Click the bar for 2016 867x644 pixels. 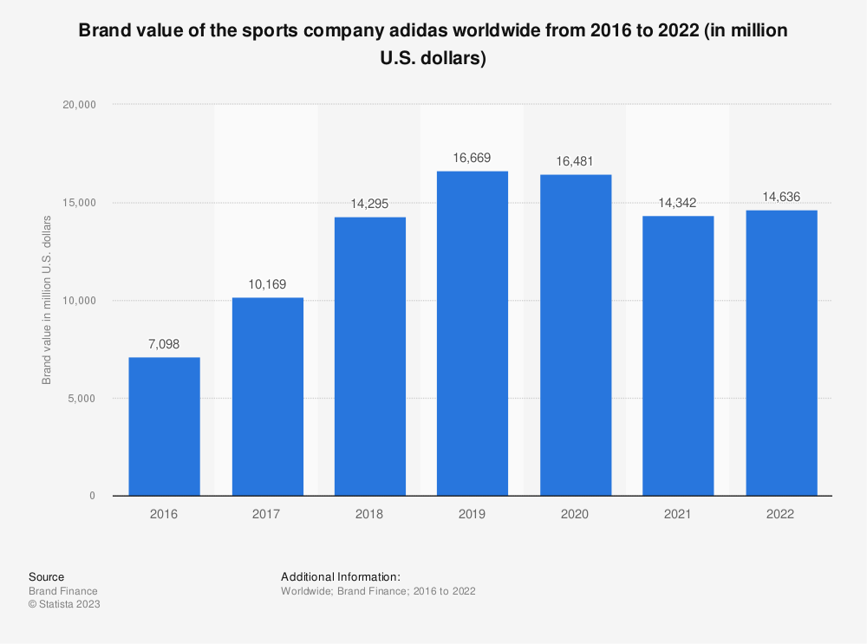(x=164, y=426)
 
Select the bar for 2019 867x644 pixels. (x=473, y=334)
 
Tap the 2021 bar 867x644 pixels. (x=678, y=355)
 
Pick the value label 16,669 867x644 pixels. (x=473, y=159)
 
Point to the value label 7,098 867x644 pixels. (x=164, y=345)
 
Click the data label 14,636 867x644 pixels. (x=781, y=198)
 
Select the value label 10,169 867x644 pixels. (x=267, y=284)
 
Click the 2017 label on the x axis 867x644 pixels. (x=267, y=514)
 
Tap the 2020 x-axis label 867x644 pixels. (x=575, y=514)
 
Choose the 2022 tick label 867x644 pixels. (x=781, y=514)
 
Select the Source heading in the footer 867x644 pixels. (x=46, y=576)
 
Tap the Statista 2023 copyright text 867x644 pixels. (x=64, y=604)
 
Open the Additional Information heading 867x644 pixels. (x=341, y=576)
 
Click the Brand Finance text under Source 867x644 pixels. (x=62, y=590)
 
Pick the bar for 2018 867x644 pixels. (x=369, y=356)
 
